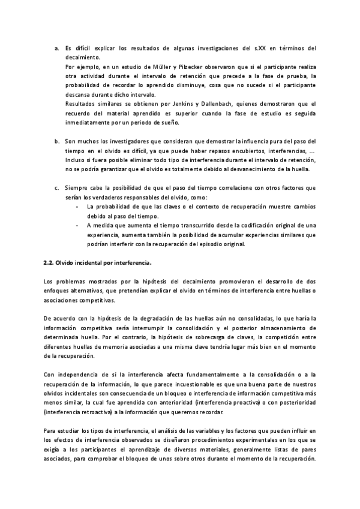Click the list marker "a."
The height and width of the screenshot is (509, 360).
[56, 47]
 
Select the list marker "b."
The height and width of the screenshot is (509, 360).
[56, 142]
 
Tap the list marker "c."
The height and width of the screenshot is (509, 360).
[56, 188]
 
